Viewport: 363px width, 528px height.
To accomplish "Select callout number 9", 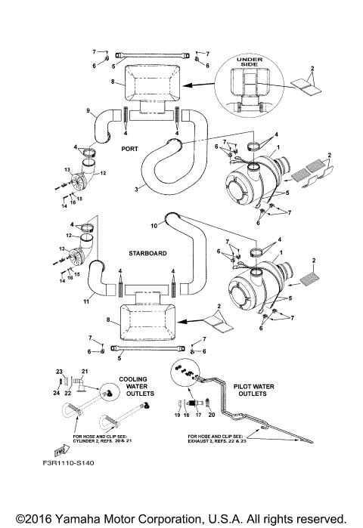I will pos(88,112).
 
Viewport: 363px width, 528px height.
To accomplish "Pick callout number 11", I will pos(86,301).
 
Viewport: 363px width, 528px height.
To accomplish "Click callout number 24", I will pos(57,392).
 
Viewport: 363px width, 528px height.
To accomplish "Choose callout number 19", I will pos(178,415).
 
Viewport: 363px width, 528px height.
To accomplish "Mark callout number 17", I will pos(197,415).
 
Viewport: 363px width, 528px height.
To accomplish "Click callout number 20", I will pos(211,415).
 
